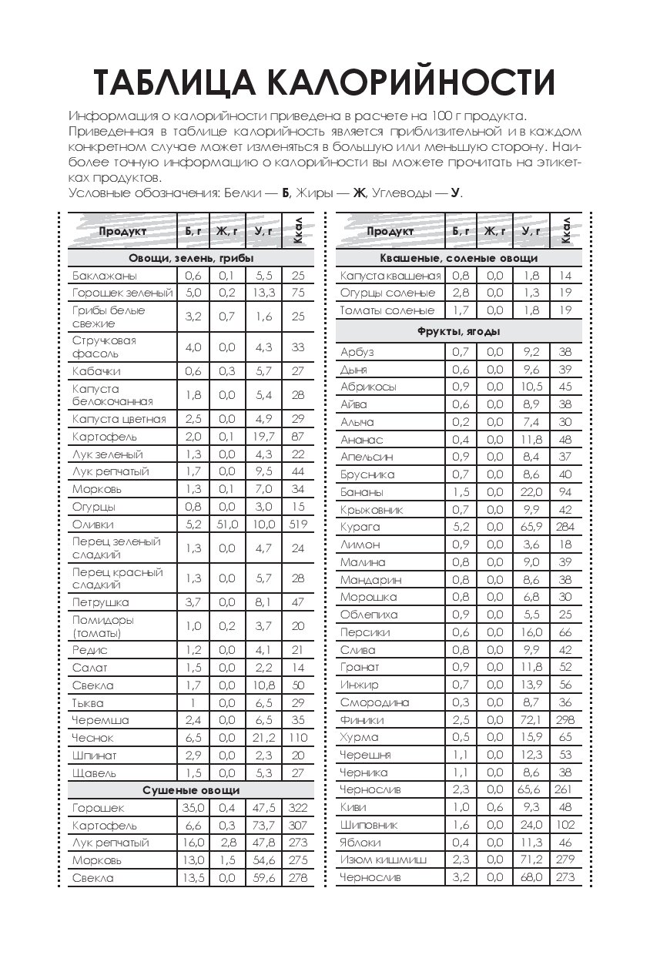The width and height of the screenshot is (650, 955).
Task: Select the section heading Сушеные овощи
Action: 191,790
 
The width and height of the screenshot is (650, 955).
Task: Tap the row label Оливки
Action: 93,524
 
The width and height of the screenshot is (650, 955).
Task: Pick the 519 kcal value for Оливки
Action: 298,524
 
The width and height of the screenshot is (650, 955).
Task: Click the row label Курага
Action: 360,528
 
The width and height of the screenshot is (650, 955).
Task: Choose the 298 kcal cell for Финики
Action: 565,720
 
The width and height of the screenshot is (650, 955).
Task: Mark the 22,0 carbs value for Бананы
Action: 531,492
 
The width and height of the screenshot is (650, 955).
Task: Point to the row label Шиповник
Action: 369,825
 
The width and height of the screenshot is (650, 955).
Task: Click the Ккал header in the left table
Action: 298,230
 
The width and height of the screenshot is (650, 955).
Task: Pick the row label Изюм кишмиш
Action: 383,859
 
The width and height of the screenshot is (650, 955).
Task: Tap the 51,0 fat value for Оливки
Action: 227,524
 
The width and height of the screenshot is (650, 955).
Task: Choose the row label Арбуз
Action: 357,352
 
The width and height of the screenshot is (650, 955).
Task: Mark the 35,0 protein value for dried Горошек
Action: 193,808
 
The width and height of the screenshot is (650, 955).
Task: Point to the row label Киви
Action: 353,807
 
